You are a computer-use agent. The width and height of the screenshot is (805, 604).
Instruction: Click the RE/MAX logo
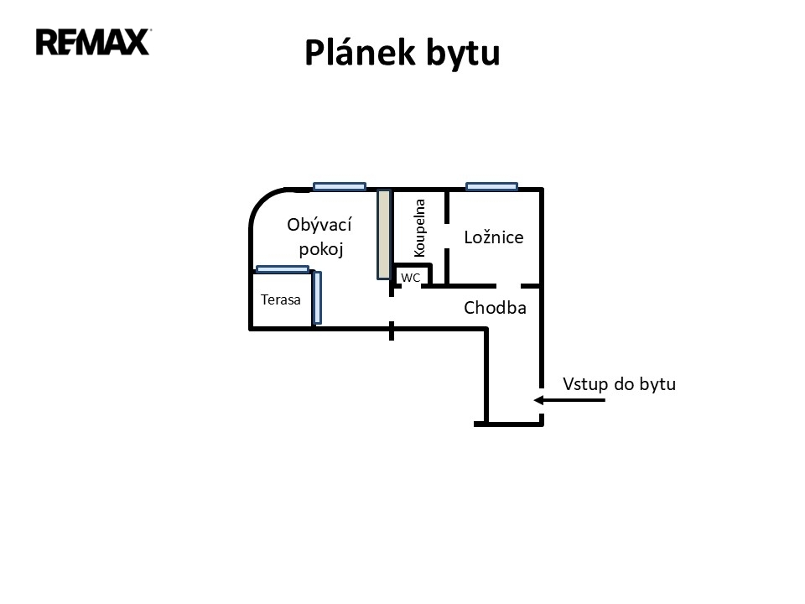point(92,41)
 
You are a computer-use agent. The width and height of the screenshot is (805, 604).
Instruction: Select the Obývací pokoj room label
point(319,237)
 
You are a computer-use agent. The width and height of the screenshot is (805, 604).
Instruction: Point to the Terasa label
point(281,299)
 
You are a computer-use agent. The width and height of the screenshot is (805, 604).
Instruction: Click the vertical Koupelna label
point(420,227)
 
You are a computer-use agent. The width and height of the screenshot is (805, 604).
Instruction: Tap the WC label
point(411,277)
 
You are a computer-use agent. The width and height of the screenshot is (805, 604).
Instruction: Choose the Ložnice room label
point(494,237)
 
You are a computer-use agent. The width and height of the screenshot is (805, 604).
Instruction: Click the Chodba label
point(495,308)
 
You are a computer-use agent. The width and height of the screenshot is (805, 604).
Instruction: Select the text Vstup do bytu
point(619,384)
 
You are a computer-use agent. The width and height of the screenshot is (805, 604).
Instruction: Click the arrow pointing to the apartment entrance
point(570,400)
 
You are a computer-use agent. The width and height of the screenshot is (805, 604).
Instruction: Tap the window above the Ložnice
point(491,186)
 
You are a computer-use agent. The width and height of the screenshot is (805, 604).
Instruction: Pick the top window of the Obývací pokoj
point(340,186)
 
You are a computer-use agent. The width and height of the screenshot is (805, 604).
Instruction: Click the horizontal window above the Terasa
point(283,269)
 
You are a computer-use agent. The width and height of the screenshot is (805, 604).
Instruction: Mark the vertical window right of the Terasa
point(316,297)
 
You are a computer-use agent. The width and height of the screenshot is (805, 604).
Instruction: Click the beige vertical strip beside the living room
point(383,234)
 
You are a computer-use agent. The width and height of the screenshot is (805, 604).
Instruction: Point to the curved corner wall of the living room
point(261,203)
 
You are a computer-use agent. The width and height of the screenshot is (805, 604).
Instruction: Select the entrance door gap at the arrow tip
point(541,400)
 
